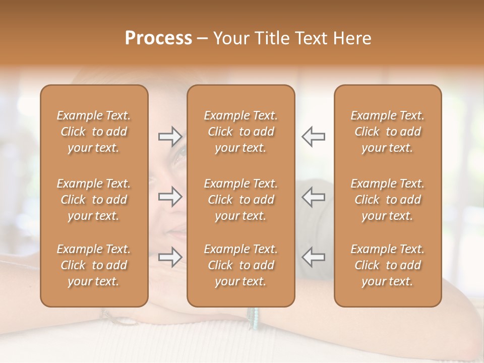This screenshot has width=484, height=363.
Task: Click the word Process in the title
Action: [158, 38]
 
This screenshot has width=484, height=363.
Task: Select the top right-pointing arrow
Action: [170, 136]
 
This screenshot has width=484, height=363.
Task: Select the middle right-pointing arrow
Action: [170, 197]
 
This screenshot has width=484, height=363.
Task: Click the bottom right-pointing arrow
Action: [170, 257]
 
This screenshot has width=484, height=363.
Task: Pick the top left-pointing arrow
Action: [313, 136]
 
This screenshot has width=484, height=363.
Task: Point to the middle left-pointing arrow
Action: [313, 197]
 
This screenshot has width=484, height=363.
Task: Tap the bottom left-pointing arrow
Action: [313, 257]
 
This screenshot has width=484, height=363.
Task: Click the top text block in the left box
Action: [94, 132]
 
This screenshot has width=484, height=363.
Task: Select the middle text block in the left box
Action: [94, 200]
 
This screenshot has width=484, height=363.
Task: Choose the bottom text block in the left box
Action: [94, 265]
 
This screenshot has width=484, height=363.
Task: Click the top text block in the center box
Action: [241, 132]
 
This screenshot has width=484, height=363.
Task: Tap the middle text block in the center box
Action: [241, 200]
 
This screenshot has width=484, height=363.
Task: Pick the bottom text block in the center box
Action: [241, 265]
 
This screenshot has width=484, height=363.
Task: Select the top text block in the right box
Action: [388, 132]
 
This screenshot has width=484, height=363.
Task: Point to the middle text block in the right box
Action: [388, 200]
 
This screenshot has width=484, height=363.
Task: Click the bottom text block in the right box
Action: [388, 265]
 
